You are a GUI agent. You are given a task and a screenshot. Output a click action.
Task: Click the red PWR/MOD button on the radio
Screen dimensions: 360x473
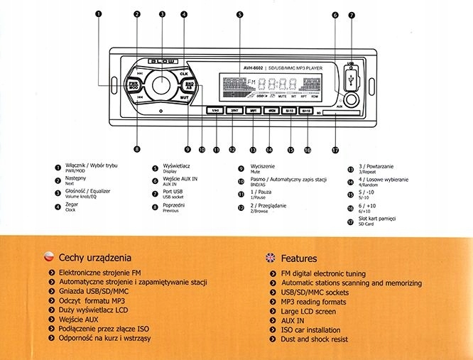[x=134, y=84]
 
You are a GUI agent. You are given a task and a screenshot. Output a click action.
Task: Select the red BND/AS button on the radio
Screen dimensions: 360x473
[x=190, y=86]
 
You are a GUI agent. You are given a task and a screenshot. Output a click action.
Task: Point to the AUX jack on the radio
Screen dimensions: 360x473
[x=349, y=99]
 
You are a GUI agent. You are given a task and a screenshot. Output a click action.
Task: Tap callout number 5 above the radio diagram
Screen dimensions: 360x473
[x=240, y=14]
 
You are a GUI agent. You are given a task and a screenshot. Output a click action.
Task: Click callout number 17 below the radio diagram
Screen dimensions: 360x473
[x=335, y=149]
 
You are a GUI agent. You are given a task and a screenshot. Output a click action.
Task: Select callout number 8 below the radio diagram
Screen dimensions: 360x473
[x=137, y=149]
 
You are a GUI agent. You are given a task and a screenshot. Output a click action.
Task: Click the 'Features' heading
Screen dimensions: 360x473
[x=299, y=258]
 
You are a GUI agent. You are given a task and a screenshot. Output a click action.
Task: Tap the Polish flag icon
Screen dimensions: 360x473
[x=48, y=258]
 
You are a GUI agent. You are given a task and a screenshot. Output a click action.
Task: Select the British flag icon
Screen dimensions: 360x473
[x=269, y=258]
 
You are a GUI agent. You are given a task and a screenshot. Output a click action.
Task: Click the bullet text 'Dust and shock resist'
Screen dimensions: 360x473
[x=315, y=340]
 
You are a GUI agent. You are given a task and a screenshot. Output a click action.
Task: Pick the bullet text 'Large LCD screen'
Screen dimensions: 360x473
[x=308, y=312]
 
